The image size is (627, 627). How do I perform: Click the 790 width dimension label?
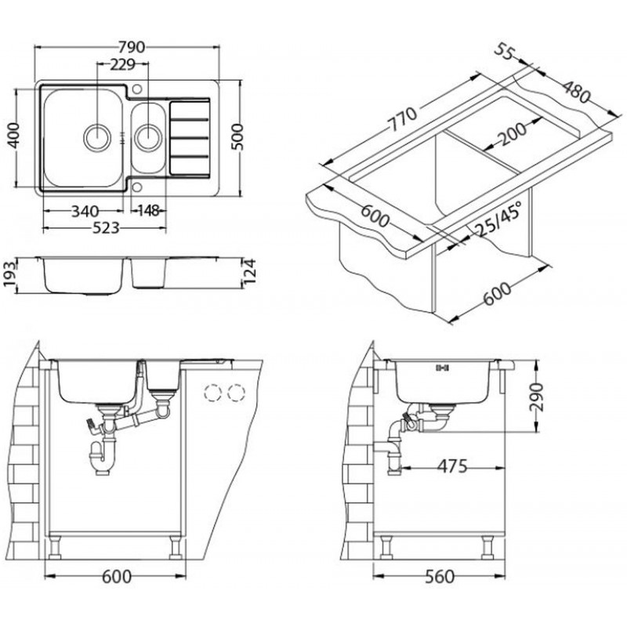pyautogui.click(x=132, y=47)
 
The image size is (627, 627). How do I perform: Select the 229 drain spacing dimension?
pyautogui.click(x=123, y=64)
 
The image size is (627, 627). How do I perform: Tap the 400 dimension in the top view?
pyautogui.click(x=14, y=136)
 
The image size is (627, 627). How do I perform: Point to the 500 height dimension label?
pyautogui.click(x=237, y=136)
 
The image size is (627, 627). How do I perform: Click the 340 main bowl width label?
pyautogui.click(x=85, y=211)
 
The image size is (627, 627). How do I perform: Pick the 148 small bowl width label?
pyautogui.click(x=148, y=210)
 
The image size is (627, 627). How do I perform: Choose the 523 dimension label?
pyautogui.click(x=106, y=228)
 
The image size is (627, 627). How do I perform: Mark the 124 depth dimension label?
pyautogui.click(x=249, y=271)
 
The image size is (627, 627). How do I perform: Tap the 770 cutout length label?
pyautogui.click(x=403, y=119)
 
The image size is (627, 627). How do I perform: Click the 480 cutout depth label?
pyautogui.click(x=576, y=92)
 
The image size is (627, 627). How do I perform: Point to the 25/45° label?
pyautogui.click(x=498, y=219)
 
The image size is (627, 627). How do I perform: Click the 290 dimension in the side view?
pyautogui.click(x=536, y=397)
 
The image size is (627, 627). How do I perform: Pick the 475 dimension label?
pyautogui.click(x=452, y=466)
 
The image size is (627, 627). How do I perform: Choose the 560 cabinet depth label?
pyautogui.click(x=440, y=577)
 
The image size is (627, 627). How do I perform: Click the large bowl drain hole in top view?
pyautogui.click(x=96, y=137)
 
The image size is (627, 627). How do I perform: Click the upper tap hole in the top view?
pyautogui.click(x=137, y=89)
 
